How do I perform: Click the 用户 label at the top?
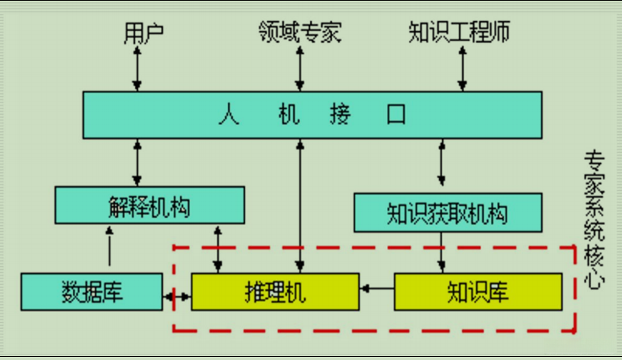(143, 33)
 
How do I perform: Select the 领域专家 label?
(299, 33)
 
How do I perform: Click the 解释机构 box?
(150, 206)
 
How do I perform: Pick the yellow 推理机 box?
(275, 292)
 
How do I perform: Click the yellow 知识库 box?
(477, 292)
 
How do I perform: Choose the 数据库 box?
(92, 292)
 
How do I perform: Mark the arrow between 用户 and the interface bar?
(138, 68)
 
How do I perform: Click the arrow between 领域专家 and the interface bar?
(299, 68)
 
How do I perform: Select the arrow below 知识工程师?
(463, 68)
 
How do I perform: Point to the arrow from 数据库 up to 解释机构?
(109, 248)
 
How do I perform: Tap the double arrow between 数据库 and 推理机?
(178, 297)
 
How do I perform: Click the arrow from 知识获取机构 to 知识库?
(442, 252)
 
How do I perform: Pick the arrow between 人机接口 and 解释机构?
(138, 162)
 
